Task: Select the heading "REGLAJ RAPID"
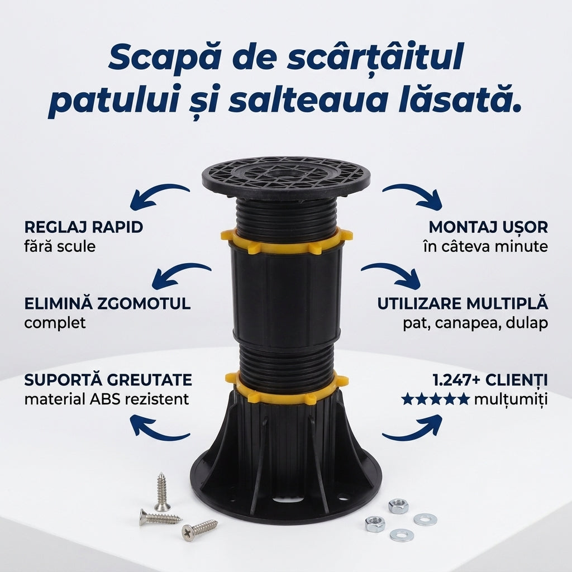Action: [84, 227]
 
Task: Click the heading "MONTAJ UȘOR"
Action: [488, 227]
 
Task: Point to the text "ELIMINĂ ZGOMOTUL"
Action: [108, 303]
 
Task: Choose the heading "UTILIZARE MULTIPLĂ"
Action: [463, 303]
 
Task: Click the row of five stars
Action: [435, 399]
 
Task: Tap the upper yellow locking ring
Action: [287, 241]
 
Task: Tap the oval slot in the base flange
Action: [288, 499]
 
